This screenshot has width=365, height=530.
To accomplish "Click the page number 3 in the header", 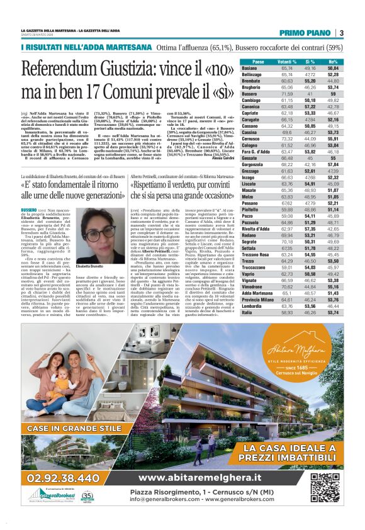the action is click(x=340, y=33).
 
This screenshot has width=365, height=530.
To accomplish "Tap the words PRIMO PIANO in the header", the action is click(x=306, y=33).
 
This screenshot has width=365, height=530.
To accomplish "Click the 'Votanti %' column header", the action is click(x=287, y=61).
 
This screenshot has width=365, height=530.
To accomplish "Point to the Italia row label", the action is click(x=247, y=312).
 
